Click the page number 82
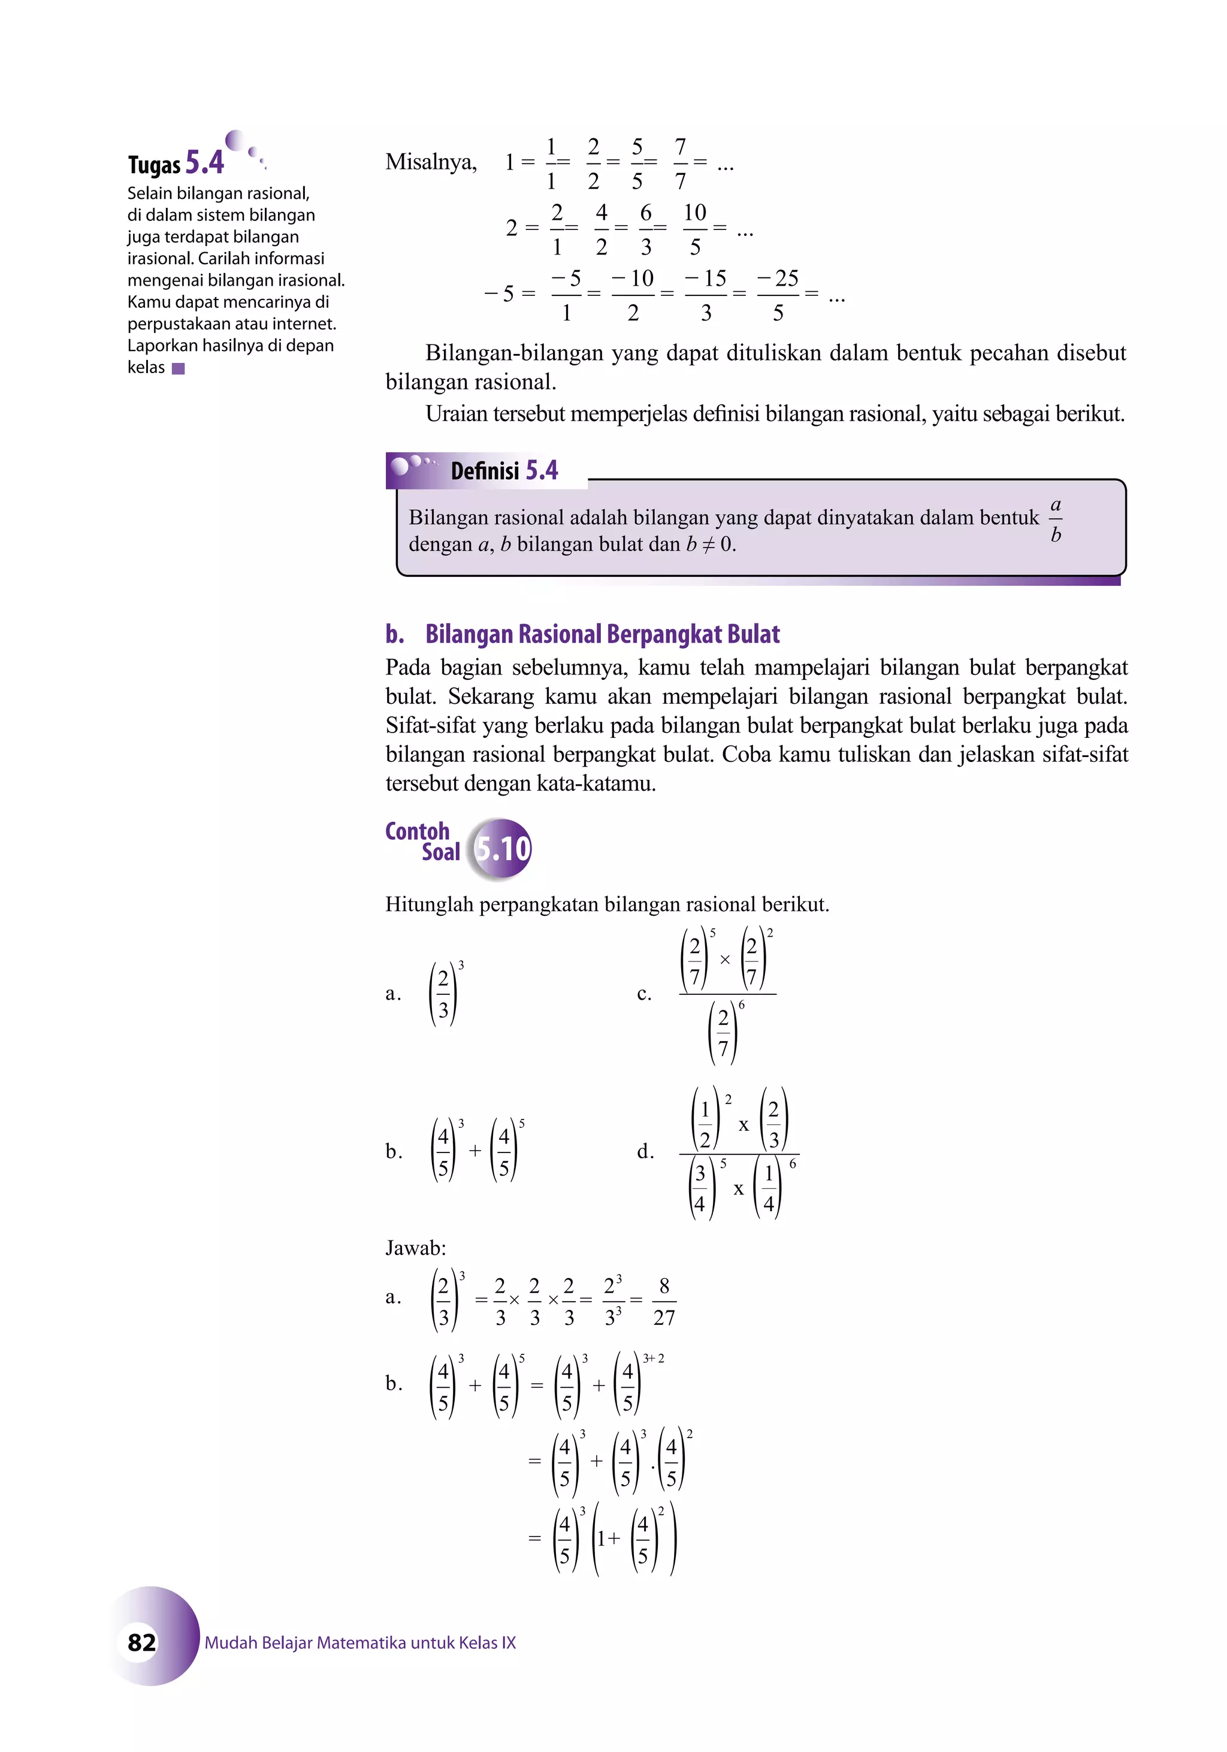[142, 1641]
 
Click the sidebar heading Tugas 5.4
[176, 162]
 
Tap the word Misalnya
[430, 162]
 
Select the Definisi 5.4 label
[504, 470]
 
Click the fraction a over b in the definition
[1055, 520]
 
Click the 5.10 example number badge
[501, 848]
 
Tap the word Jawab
[415, 1248]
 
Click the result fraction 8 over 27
[664, 1301]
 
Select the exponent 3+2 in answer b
[653, 1358]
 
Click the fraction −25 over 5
[778, 295]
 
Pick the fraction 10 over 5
[694, 229]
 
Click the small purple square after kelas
[179, 368]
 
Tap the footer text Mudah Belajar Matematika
[360, 1642]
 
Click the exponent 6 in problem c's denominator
[741, 1006]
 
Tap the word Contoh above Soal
[418, 831]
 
